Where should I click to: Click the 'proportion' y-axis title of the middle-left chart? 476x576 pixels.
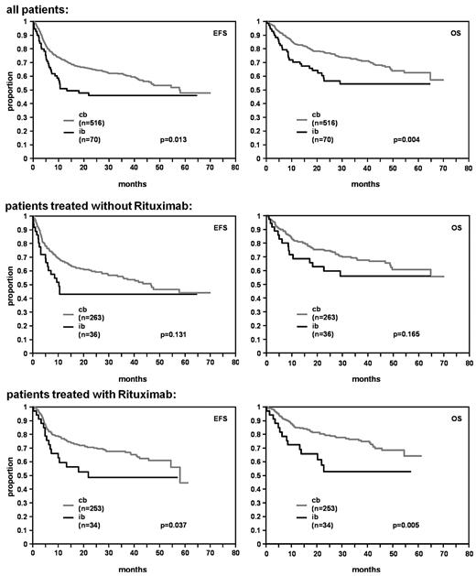[6, 283]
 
